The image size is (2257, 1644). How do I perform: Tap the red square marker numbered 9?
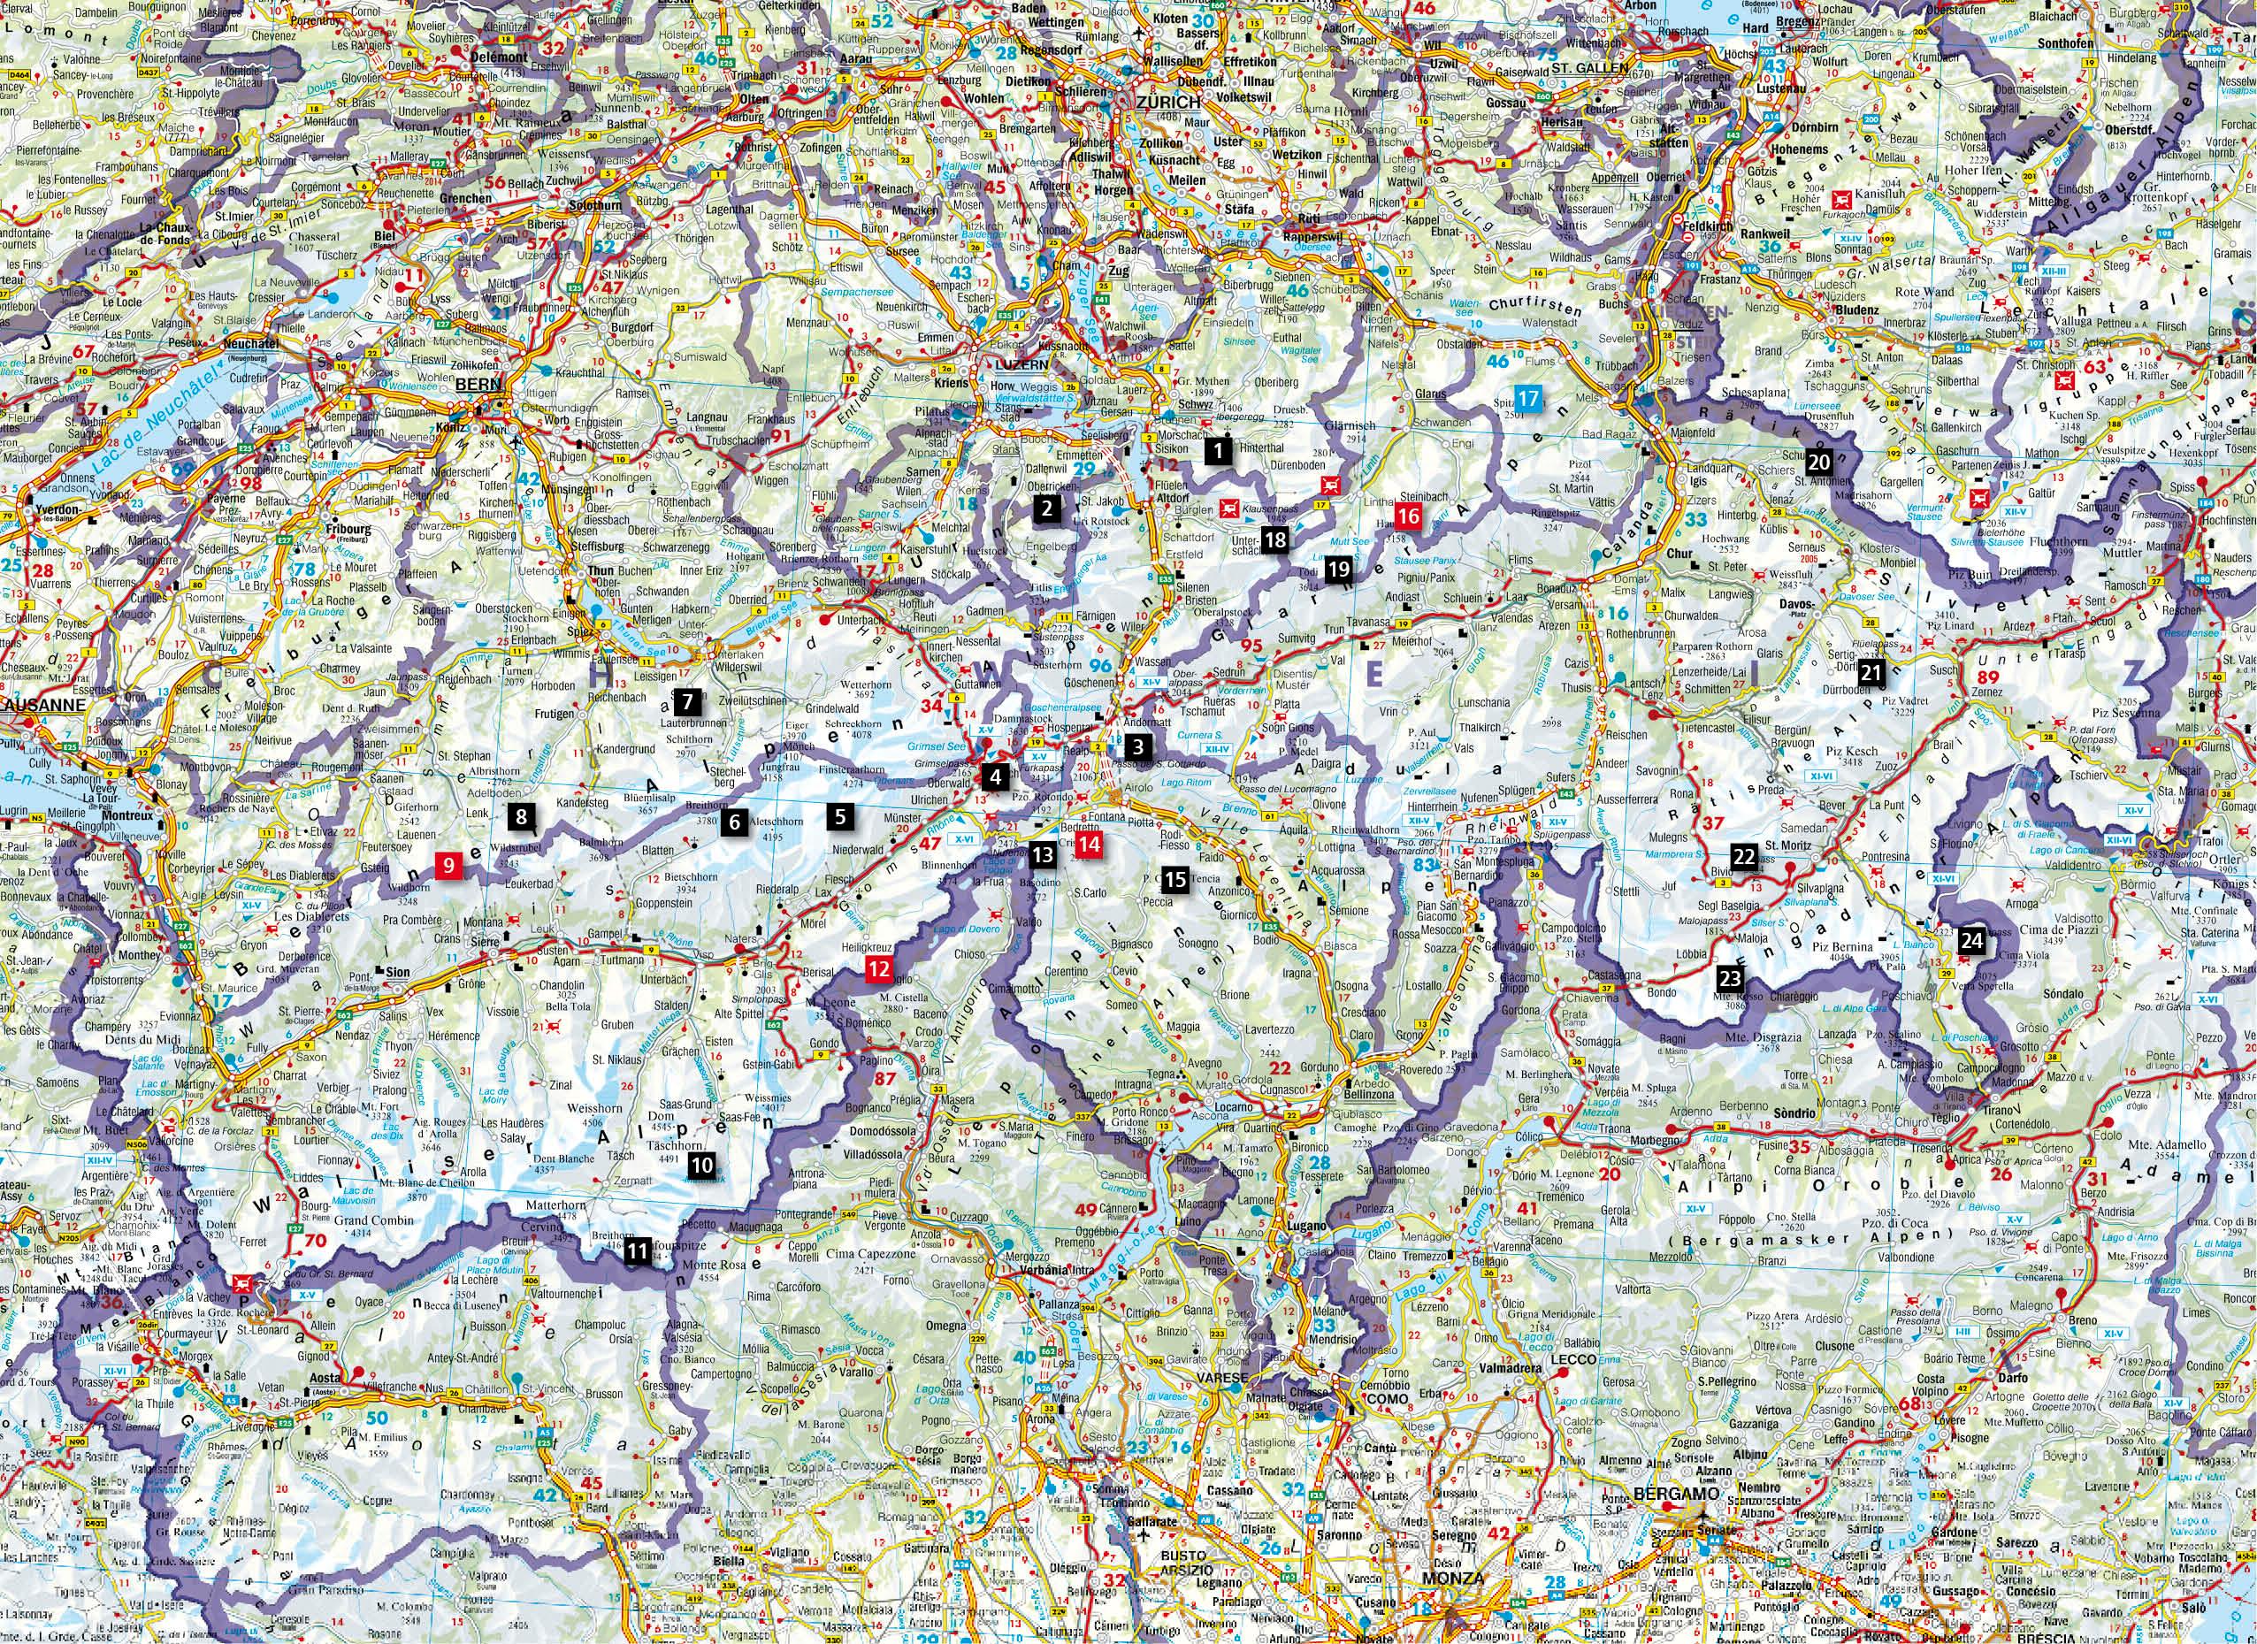(450, 865)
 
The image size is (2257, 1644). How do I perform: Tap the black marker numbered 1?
(1216, 451)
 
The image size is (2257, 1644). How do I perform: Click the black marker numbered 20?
(1819, 462)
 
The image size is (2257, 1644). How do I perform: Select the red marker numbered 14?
(1090, 844)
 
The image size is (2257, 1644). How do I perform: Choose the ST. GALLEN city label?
(1587, 69)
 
